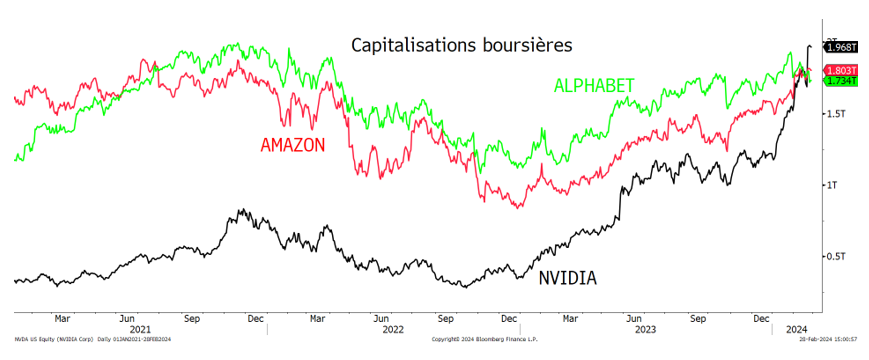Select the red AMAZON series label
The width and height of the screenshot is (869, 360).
click(293, 144)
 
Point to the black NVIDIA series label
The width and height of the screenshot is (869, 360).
click(567, 278)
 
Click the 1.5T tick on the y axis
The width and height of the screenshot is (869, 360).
click(835, 114)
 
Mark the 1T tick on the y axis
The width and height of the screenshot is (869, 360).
click(831, 185)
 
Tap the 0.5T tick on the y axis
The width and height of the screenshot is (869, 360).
click(835, 256)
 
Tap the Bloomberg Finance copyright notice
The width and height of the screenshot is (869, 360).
click(483, 339)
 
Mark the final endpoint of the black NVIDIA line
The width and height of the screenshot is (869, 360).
click(810, 46)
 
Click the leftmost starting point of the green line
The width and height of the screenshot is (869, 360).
click(15, 160)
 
